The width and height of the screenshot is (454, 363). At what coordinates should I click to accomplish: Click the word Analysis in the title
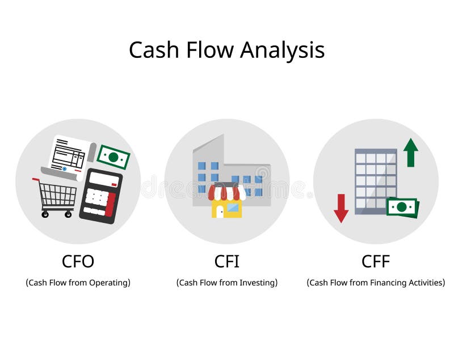click(x=282, y=50)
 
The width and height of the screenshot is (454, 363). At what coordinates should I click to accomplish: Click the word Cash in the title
click(x=154, y=50)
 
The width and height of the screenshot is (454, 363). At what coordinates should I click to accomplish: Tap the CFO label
click(x=78, y=261)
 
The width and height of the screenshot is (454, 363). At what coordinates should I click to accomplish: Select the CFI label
click(x=226, y=261)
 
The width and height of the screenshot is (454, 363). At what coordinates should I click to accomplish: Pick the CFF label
click(x=376, y=261)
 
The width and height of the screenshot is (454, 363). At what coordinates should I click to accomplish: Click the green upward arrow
click(x=410, y=153)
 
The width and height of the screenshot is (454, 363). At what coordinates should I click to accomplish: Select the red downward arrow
click(x=341, y=208)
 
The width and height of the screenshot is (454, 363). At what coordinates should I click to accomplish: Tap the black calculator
click(x=101, y=196)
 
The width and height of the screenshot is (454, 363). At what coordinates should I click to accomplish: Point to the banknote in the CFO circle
click(x=113, y=157)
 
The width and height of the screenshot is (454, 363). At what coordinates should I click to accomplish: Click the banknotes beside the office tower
click(x=402, y=207)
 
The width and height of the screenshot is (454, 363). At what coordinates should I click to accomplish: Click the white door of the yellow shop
click(x=220, y=212)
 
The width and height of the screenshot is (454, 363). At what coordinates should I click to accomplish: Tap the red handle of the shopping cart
click(x=36, y=180)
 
